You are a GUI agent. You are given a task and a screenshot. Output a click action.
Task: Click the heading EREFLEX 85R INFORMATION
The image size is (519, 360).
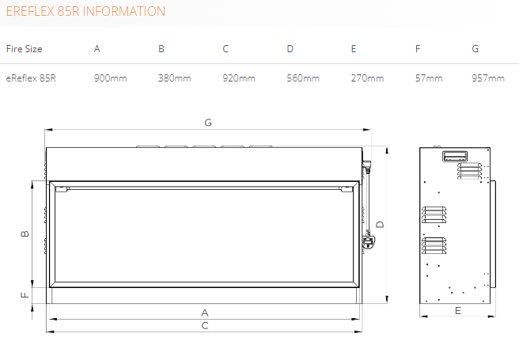(85, 12)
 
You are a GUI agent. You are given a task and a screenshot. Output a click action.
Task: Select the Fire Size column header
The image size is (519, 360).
(25, 49)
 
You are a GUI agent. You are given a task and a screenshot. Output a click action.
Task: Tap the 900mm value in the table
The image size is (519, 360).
(110, 78)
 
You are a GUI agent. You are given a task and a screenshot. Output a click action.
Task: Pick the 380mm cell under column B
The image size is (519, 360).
(174, 78)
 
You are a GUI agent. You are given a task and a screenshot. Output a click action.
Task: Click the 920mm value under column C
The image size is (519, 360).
(239, 78)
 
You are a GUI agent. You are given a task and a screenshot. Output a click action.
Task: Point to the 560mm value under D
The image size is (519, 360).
(303, 78)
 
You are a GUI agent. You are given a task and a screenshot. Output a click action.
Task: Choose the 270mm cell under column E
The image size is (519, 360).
(367, 78)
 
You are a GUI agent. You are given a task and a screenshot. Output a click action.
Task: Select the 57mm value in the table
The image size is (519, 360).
(429, 78)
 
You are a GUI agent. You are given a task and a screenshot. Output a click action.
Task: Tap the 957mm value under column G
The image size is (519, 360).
(488, 78)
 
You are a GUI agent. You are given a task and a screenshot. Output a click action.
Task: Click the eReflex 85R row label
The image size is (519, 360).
(31, 78)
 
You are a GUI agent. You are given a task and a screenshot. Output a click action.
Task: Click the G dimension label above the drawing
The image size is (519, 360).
(208, 123)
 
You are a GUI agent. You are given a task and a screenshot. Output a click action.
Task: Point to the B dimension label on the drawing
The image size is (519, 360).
(25, 233)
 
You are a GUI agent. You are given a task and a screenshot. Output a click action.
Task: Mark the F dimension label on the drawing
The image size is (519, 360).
(25, 294)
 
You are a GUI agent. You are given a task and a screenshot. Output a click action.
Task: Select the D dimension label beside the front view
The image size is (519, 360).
(380, 225)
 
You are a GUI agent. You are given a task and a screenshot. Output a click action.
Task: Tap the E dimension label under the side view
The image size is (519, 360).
(458, 311)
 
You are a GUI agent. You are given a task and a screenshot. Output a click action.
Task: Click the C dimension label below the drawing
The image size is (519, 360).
(205, 326)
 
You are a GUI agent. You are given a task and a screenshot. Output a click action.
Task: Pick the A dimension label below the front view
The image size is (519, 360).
(205, 313)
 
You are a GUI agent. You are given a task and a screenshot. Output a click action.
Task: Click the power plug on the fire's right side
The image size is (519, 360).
(368, 241)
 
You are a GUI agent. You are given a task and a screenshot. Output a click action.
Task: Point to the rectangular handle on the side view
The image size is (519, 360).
(455, 156)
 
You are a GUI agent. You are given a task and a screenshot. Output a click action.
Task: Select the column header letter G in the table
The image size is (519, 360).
(475, 49)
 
